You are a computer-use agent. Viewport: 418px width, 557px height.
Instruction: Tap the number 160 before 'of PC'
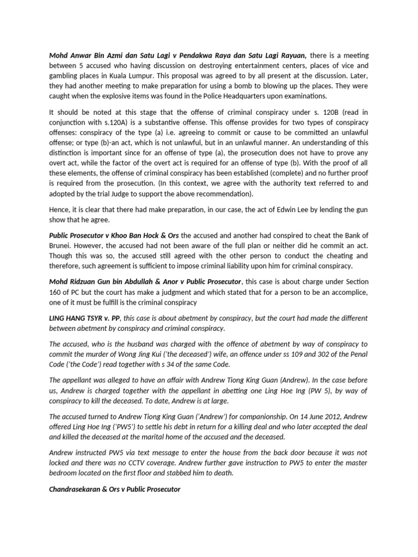56,292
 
